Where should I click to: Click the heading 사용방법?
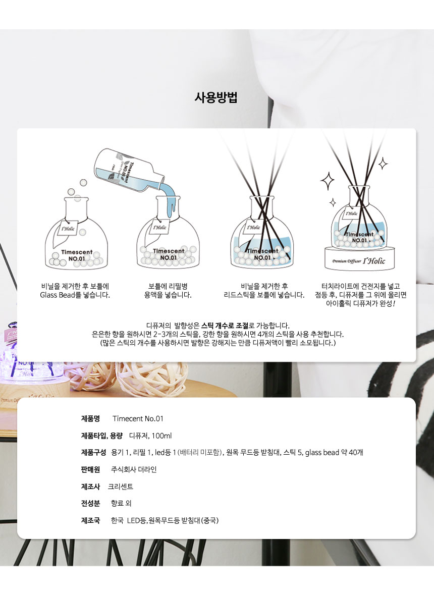point(216,98)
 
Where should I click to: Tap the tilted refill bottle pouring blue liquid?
point(129,171)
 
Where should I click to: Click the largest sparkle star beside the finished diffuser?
point(327,181)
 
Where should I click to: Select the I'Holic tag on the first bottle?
point(68,229)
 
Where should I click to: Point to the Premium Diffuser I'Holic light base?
point(359,259)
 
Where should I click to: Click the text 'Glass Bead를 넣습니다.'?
point(75,295)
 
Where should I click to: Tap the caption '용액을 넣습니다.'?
point(168,295)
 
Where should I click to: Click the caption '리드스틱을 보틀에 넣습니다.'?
point(264,295)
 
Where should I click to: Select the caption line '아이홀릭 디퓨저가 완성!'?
point(360,303)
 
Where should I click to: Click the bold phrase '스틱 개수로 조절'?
point(225,326)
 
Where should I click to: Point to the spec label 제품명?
point(90,418)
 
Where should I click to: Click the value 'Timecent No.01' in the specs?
point(138,418)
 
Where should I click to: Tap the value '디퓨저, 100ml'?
point(150,436)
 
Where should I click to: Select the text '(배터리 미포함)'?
point(200,452)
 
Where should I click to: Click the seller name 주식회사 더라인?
point(134,469)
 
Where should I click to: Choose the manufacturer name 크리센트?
point(121,487)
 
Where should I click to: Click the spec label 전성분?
point(90,503)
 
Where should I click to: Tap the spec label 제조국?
point(90,520)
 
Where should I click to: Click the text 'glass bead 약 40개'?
point(334,452)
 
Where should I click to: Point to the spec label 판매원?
point(90,469)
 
